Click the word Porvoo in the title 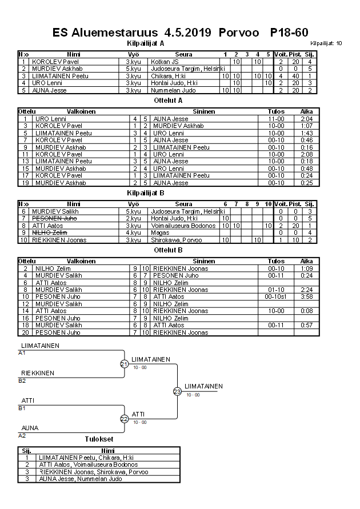tap(239, 33)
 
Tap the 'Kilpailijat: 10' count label tap(326, 43)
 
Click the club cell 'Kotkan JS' tap(164, 61)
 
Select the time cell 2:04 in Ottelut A tap(307, 119)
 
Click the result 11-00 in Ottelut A tap(275, 119)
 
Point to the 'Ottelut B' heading tap(169, 250)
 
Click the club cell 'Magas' tap(158, 233)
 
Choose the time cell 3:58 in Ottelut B tap(307, 296)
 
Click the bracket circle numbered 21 tap(124, 364)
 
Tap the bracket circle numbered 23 tap(177, 391)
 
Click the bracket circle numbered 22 tap(124, 419)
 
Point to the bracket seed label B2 tap(22, 380)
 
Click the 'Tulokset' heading tap(99, 439)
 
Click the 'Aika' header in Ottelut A tap(307, 111)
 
